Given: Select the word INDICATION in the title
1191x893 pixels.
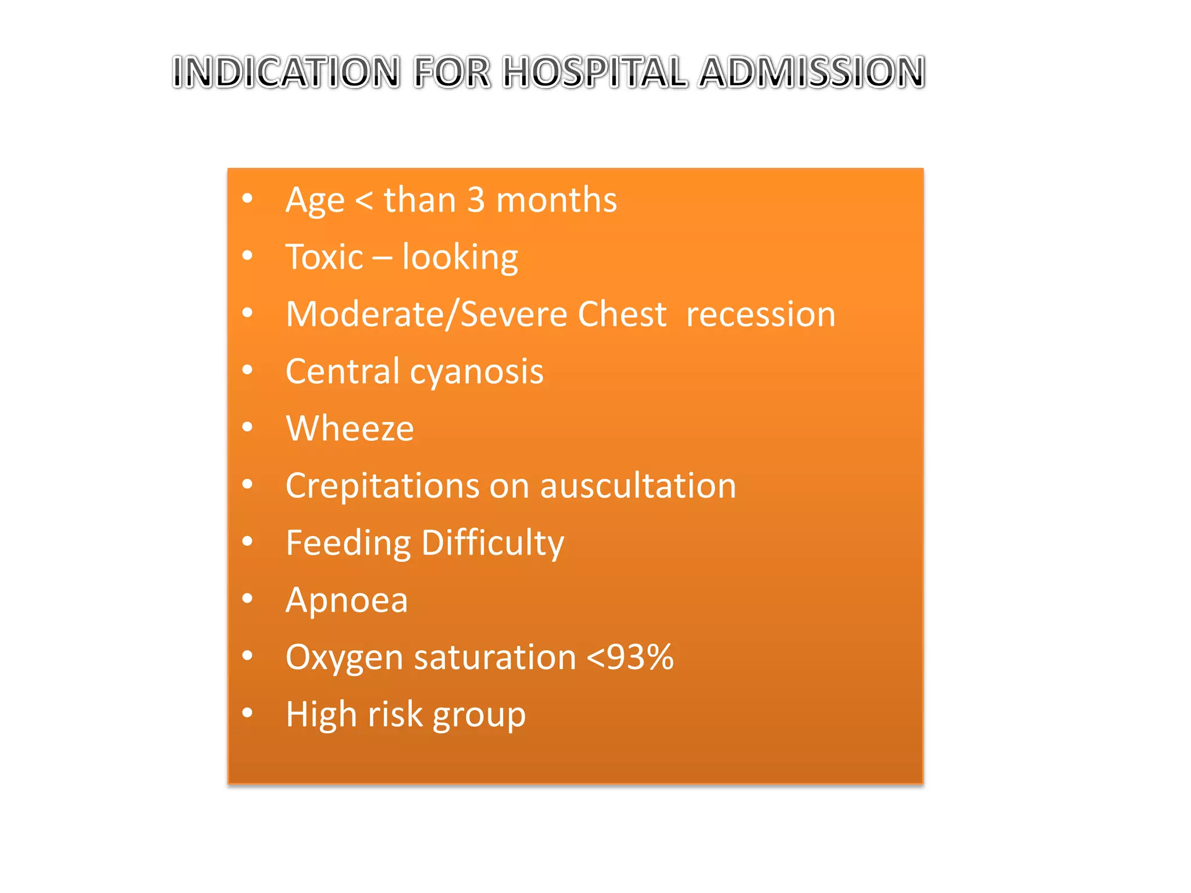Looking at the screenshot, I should [x=286, y=73].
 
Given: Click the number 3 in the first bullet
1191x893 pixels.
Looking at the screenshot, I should [x=476, y=200].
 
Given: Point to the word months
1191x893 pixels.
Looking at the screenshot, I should [x=557, y=200].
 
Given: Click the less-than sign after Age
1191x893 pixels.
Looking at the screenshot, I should [x=364, y=201].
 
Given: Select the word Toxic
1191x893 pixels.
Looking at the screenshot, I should [x=324, y=257].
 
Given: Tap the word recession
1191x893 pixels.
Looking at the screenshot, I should [x=760, y=315].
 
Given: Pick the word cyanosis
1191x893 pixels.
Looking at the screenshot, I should [x=476, y=372].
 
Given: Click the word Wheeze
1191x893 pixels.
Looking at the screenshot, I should [x=350, y=428].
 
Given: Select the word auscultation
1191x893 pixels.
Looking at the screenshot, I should [x=638, y=486].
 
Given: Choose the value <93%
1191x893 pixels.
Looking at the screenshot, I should [x=630, y=658].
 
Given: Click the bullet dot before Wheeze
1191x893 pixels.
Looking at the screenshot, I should [x=248, y=427].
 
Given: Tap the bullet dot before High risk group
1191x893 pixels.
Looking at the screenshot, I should [x=248, y=713].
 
